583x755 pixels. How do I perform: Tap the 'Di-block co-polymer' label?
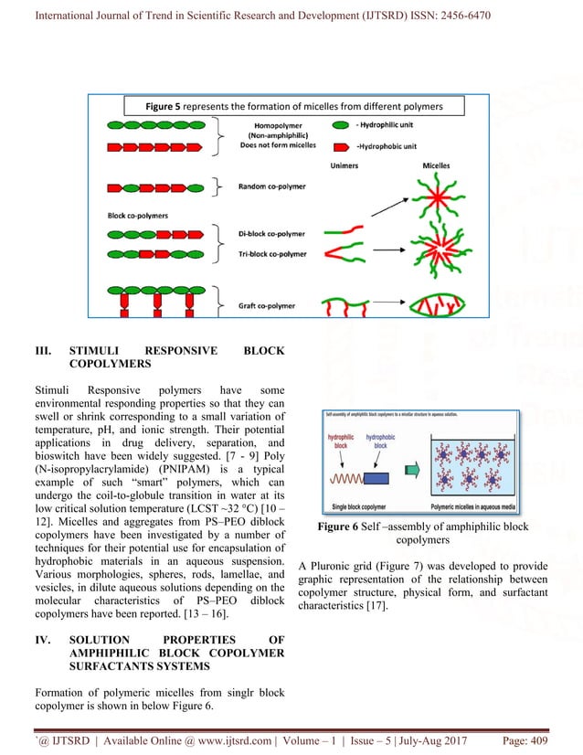point(273,234)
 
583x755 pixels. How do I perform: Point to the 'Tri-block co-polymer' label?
point(273,253)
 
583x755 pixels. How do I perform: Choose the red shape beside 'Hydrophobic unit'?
point(339,145)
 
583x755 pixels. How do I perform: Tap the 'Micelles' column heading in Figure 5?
point(435,166)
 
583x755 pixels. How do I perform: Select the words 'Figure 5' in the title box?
point(163,107)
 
